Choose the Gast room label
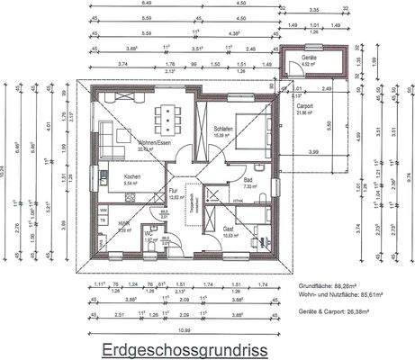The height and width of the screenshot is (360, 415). pyautogui.click(x=230, y=230)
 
